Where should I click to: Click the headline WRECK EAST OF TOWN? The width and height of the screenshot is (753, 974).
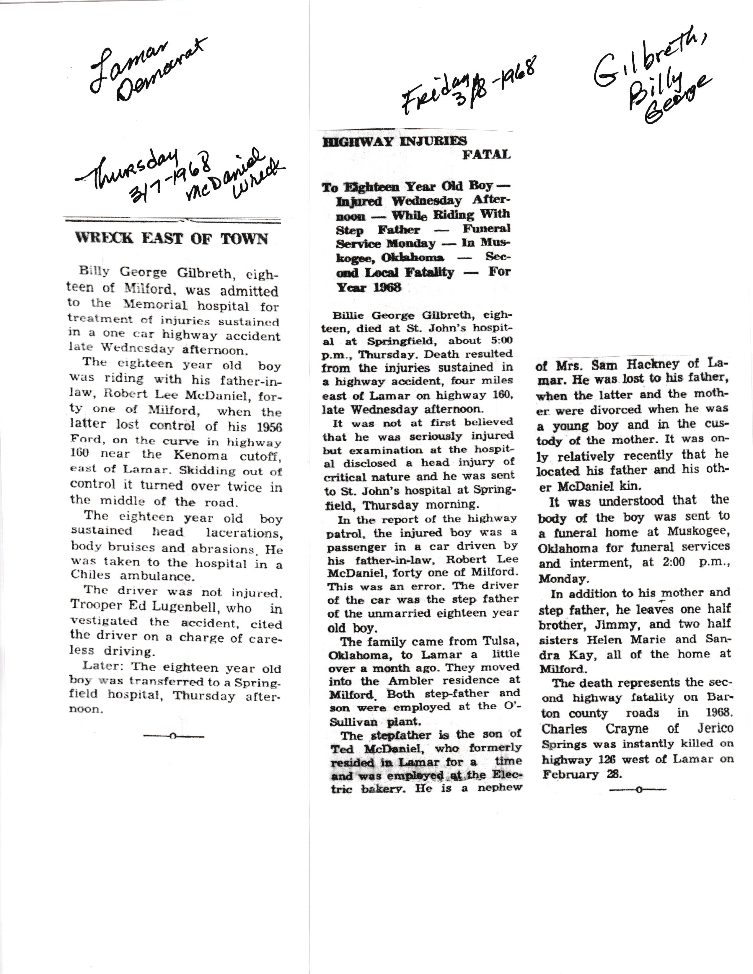172,238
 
